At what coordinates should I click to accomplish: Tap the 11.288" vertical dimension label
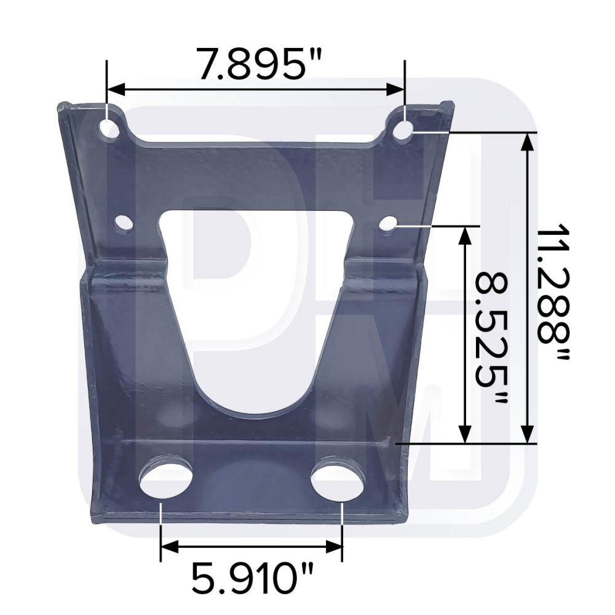tap(552, 294)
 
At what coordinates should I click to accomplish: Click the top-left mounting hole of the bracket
tap(109, 129)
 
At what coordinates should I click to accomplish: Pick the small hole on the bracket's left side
tap(124, 223)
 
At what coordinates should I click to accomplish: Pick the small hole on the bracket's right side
tap(387, 224)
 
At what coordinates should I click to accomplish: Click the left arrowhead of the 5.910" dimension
tap(168, 546)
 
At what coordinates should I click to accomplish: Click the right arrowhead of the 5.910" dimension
tap(335, 546)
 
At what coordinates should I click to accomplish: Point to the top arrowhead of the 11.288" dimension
tap(527, 141)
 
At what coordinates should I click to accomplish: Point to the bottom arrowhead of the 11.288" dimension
tap(527, 435)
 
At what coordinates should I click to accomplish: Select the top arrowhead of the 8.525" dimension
tap(466, 234)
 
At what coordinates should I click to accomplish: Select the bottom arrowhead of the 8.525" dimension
tap(466, 435)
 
